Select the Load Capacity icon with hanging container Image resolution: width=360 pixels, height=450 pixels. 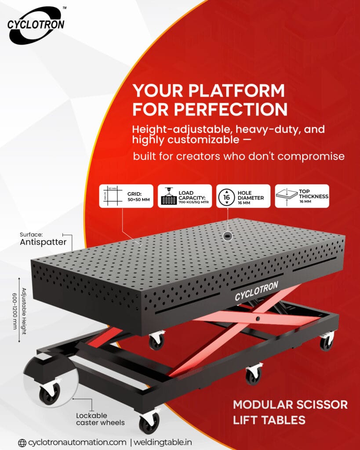[x=168, y=196]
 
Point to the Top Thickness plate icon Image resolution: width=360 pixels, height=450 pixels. [x=286, y=196]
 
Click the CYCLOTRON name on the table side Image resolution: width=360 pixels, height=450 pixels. [x=256, y=291]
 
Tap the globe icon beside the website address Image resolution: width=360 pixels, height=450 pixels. [x=22, y=442]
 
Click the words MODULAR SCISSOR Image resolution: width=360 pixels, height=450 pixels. [x=290, y=404]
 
